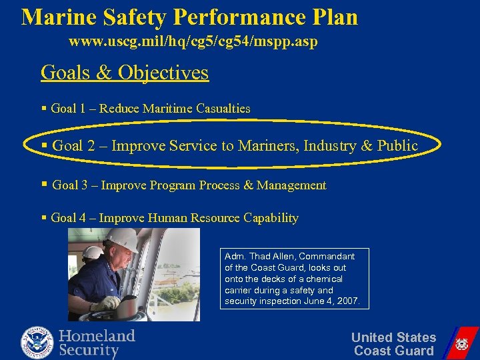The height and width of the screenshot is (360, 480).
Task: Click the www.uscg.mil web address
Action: click(x=193, y=42)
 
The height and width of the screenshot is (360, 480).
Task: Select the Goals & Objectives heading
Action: click(x=125, y=72)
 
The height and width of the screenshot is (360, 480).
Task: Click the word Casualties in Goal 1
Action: click(x=223, y=108)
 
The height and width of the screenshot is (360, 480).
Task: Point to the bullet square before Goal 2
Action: click(x=44, y=145)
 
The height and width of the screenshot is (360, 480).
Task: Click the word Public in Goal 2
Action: click(x=397, y=145)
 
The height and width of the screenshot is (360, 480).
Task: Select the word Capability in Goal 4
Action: click(x=271, y=217)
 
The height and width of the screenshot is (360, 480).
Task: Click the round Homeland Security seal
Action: click(x=37, y=343)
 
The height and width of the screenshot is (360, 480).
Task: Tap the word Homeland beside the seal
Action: click(x=97, y=335)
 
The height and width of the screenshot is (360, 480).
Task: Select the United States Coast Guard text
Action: click(x=393, y=344)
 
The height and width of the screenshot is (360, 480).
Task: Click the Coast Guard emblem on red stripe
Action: click(x=461, y=344)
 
